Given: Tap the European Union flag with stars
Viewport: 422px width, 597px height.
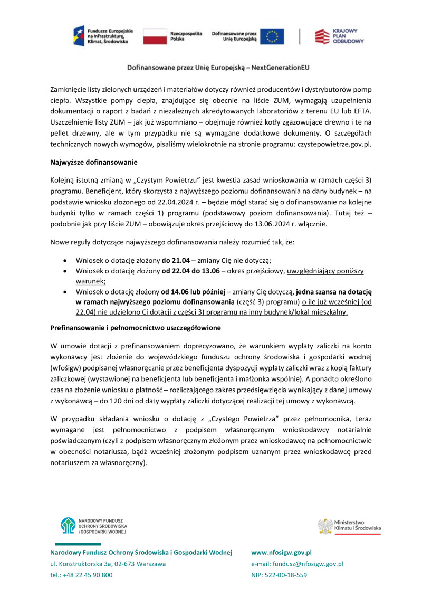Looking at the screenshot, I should [275, 36].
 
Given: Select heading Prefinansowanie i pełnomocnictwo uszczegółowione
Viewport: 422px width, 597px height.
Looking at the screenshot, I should [135, 328].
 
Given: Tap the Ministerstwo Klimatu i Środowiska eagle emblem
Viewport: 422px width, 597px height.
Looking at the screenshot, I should [324, 526].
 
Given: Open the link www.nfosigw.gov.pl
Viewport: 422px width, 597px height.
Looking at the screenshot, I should [281, 552].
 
